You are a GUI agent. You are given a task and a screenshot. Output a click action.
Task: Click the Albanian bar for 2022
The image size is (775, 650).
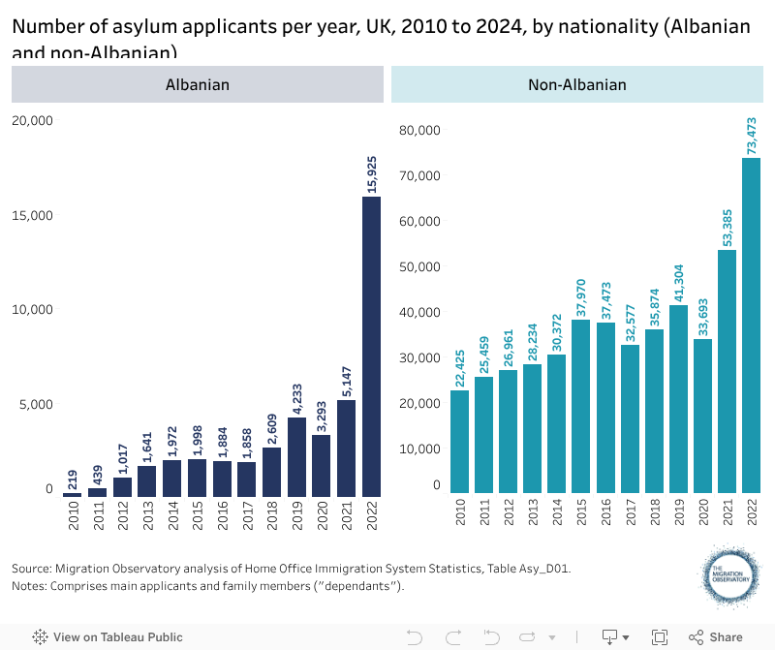click(x=371, y=346)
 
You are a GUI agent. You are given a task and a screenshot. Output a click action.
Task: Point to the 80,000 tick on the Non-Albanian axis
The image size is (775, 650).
click(x=421, y=130)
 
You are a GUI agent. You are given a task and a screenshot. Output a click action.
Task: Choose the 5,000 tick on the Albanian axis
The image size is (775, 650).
click(x=36, y=404)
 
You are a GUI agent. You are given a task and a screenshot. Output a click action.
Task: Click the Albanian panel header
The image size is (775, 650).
click(x=198, y=84)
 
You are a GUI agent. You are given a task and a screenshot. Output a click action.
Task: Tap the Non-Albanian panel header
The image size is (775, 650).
click(x=577, y=84)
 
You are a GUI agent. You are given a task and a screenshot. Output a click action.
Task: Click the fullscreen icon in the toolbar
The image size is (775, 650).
click(x=660, y=637)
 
